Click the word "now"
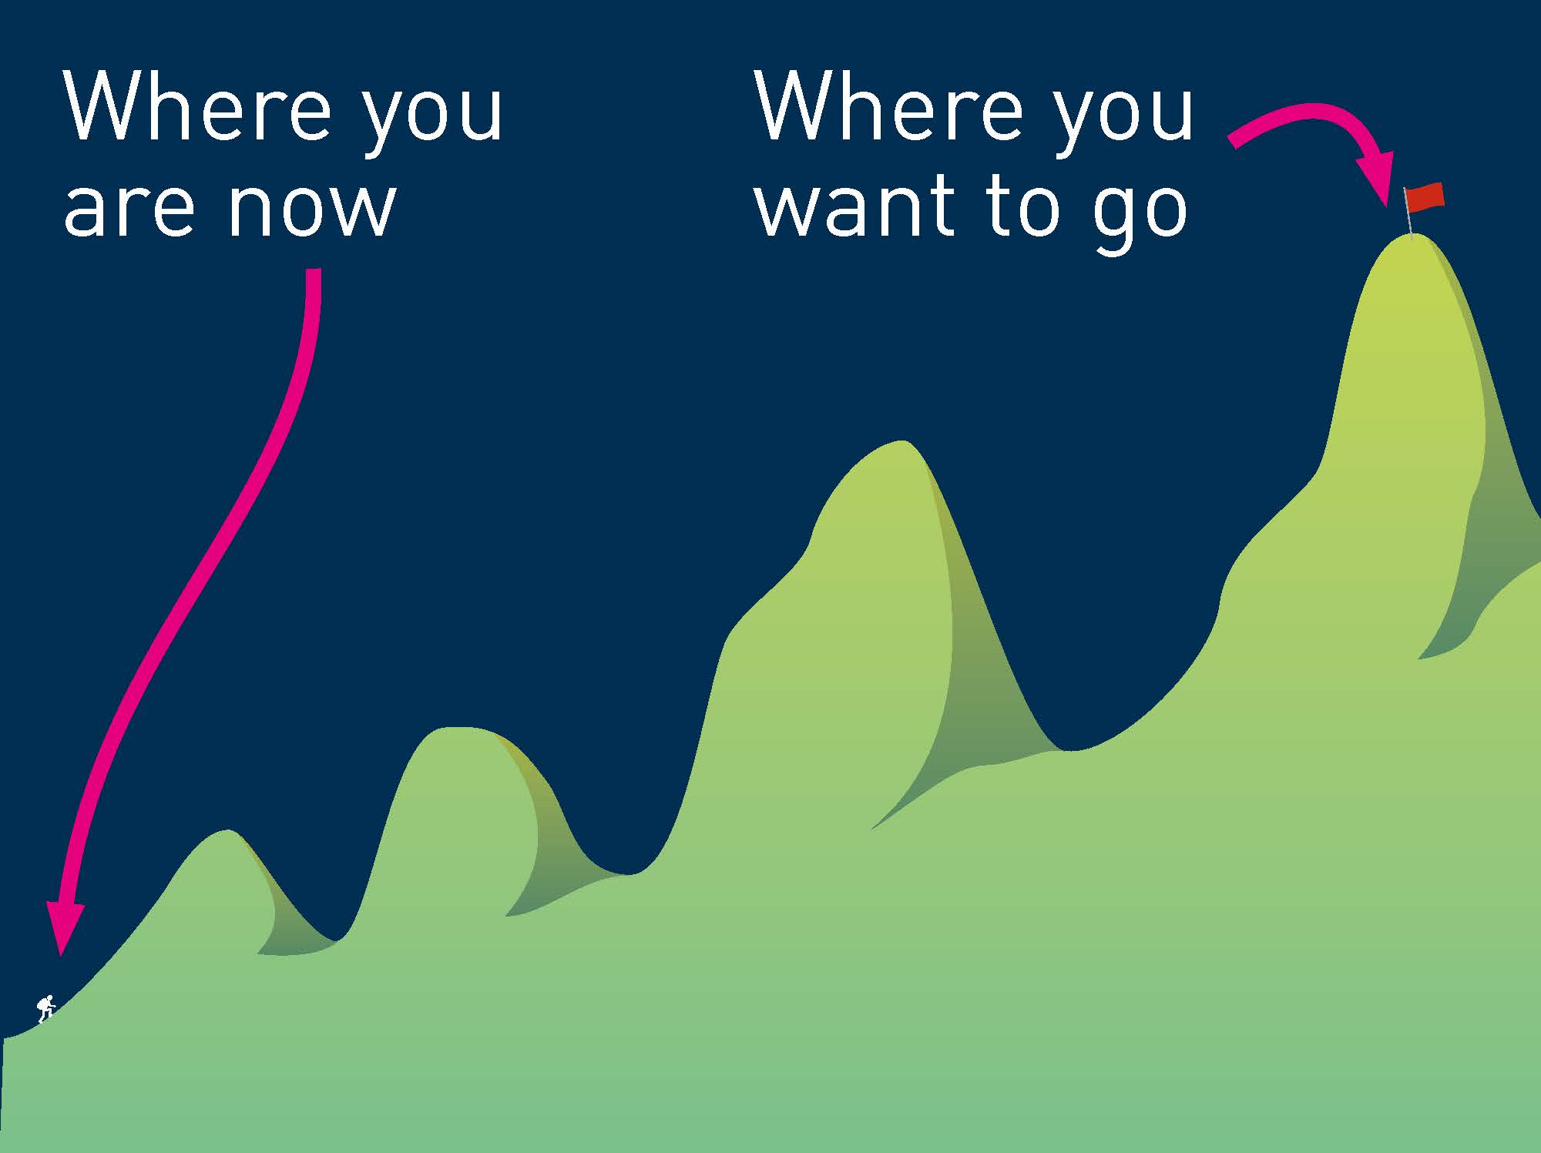click(x=311, y=209)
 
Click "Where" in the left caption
click(x=197, y=106)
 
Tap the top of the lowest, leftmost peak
click(x=227, y=831)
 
